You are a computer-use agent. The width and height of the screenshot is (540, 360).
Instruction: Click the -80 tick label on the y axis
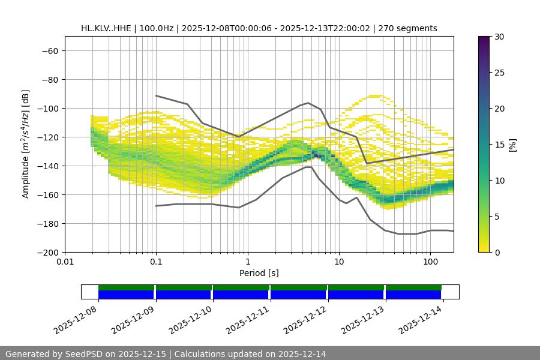pyautogui.click(x=49, y=80)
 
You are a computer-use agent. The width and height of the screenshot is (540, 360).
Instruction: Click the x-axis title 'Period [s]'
pyautogui.click(x=259, y=274)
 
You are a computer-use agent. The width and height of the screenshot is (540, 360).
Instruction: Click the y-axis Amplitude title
pyautogui.click(x=26, y=144)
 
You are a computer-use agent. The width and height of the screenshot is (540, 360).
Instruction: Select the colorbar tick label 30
pyautogui.click(x=499, y=37)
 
